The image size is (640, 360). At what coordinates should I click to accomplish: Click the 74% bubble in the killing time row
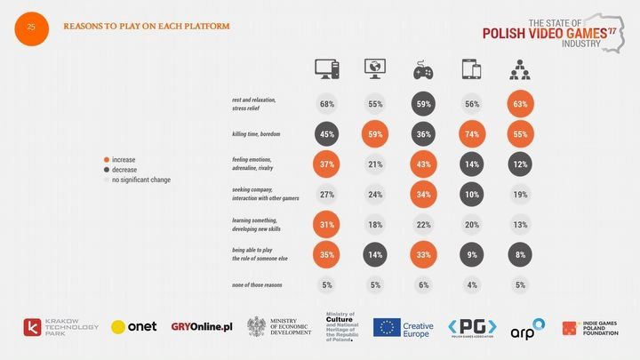click(x=471, y=136)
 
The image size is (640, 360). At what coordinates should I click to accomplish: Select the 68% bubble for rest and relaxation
click(x=327, y=104)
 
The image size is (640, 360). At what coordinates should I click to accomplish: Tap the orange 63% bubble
click(x=520, y=104)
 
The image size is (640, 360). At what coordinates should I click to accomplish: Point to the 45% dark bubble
click(x=327, y=136)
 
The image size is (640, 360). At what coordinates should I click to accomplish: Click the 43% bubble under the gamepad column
click(x=423, y=165)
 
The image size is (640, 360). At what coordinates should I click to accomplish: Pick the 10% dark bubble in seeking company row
click(x=471, y=196)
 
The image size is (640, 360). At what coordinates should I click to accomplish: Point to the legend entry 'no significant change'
click(x=137, y=180)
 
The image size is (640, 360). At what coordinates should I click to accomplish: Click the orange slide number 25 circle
click(x=31, y=28)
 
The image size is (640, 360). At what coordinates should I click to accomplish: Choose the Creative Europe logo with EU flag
click(x=403, y=328)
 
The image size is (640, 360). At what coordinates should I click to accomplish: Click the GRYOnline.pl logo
click(x=202, y=327)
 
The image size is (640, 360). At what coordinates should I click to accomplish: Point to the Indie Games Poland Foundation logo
click(x=592, y=327)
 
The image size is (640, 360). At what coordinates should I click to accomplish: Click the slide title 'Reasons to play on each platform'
click(x=147, y=26)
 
